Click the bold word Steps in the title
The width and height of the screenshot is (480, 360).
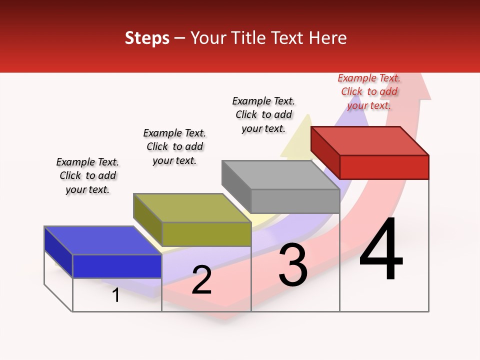(147, 38)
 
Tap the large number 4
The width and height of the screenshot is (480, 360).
(381, 250)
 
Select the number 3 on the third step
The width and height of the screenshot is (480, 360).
(292, 265)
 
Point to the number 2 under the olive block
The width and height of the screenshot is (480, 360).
(201, 280)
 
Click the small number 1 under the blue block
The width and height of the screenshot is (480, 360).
(116, 295)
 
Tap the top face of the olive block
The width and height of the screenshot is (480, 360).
(192, 208)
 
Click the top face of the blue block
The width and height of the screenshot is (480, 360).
(103, 240)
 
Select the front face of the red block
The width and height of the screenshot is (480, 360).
(384, 167)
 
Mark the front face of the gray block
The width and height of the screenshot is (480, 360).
(295, 201)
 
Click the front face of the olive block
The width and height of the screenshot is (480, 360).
(206, 234)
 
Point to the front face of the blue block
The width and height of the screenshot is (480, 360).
(117, 266)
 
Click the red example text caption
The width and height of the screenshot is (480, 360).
(369, 92)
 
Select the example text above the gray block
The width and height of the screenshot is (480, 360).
(263, 114)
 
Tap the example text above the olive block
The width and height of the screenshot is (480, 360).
(174, 147)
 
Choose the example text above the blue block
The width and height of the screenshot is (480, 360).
(87, 176)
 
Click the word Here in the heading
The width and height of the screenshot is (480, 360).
(329, 38)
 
